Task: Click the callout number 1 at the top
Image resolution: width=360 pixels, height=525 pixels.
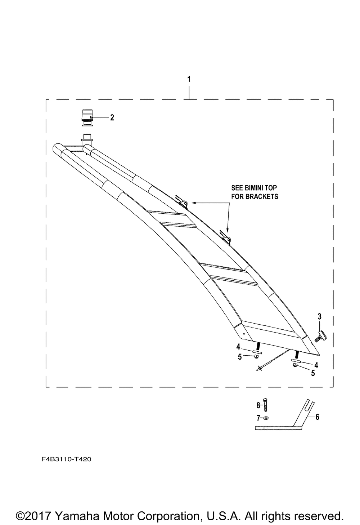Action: point(189,79)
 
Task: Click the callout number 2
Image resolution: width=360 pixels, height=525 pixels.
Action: point(112,117)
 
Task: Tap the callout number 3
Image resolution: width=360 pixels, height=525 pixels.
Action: point(319,316)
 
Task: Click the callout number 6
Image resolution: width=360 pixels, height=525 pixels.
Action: point(317,417)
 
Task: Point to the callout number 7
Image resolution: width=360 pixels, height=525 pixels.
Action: point(258,418)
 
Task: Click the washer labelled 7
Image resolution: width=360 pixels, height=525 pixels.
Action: point(266,418)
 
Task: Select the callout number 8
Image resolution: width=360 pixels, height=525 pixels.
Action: point(258,405)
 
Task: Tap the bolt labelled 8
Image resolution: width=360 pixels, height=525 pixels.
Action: point(265,405)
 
